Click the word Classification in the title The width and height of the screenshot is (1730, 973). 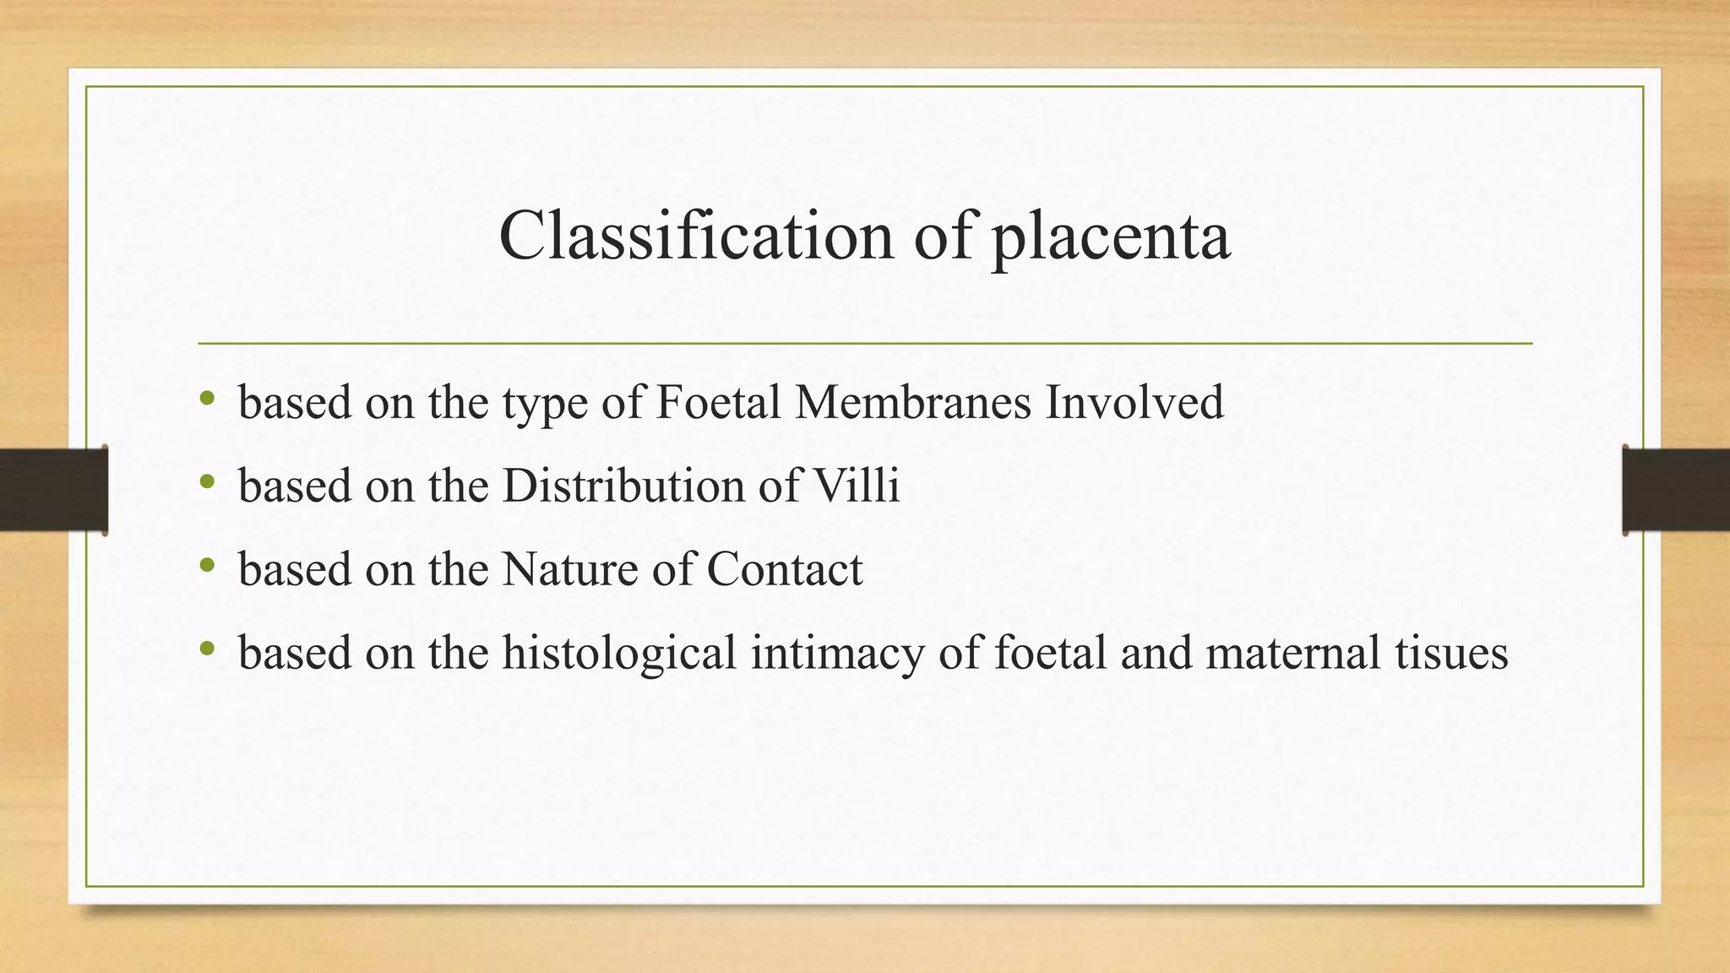point(696,236)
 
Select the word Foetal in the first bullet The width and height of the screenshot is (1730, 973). point(718,402)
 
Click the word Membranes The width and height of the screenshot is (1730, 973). point(913,402)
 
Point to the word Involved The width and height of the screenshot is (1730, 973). point(1134,402)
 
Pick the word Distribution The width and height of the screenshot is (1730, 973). point(623,486)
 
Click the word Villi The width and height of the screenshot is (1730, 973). point(857,486)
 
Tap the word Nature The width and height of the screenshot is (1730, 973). point(570,569)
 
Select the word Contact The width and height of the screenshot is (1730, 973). point(785,569)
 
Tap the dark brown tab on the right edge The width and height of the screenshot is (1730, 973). point(1676,490)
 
